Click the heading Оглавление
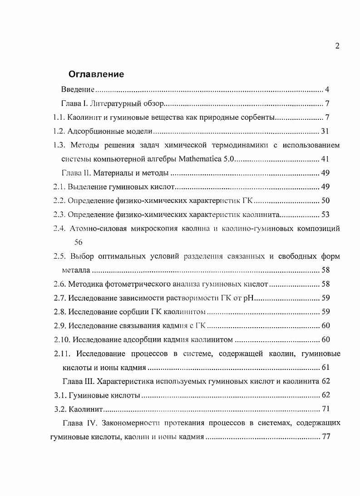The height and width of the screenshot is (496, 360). [x=96, y=74]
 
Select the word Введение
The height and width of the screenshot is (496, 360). [x=78, y=89]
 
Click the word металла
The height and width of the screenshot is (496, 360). [x=76, y=270]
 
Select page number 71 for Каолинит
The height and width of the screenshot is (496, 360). [x=325, y=409]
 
